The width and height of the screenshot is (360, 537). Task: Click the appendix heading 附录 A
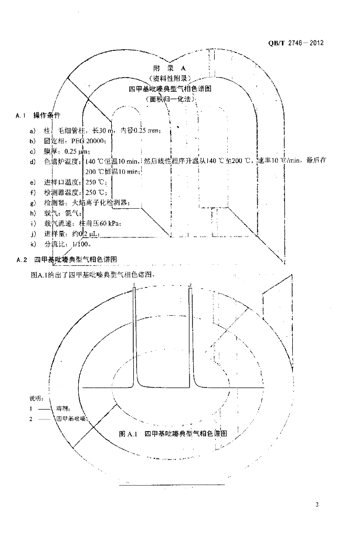170,68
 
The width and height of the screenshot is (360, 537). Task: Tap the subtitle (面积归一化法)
170,98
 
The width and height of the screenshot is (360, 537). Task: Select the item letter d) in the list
33,161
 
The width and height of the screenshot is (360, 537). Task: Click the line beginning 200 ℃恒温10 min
112,171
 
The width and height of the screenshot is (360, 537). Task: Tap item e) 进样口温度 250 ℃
68,182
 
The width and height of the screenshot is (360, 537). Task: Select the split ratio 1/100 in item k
83,244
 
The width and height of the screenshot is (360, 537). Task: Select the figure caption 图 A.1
128,434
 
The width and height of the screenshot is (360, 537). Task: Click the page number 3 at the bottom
317,505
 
